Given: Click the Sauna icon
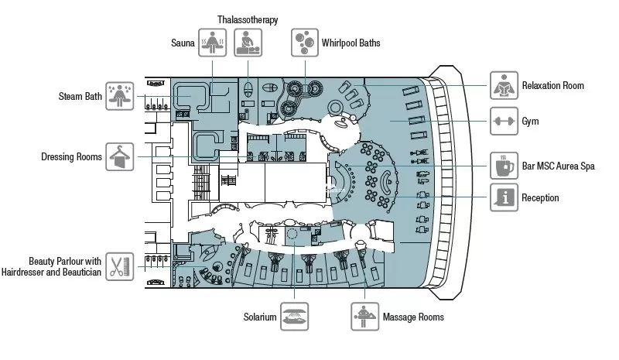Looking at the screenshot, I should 211,43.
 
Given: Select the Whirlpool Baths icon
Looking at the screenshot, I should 303,43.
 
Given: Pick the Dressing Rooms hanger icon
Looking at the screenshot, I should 121,157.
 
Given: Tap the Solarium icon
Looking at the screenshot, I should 295,317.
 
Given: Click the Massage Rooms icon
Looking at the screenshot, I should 364,317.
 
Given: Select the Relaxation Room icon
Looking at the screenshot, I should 503,85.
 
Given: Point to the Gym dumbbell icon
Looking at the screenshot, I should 503,122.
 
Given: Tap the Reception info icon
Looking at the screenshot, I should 503,198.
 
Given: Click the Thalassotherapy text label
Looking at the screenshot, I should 247,19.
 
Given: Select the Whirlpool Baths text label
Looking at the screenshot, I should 351,43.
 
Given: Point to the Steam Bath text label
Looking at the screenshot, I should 80,97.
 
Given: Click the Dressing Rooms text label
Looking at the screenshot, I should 72,157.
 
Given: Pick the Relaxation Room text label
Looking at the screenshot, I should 553,85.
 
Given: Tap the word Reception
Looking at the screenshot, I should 540,198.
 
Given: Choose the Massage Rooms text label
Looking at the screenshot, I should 413,317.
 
